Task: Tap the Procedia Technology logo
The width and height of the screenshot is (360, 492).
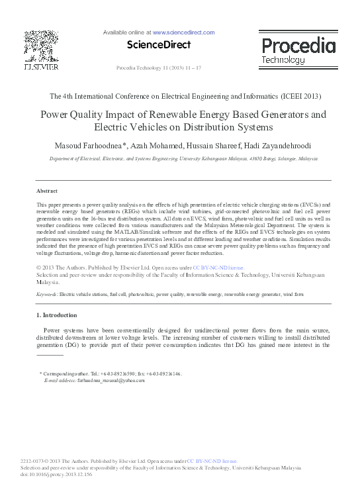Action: [x=298, y=50]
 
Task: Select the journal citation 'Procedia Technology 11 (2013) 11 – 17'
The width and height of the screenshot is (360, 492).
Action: [x=159, y=69]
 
